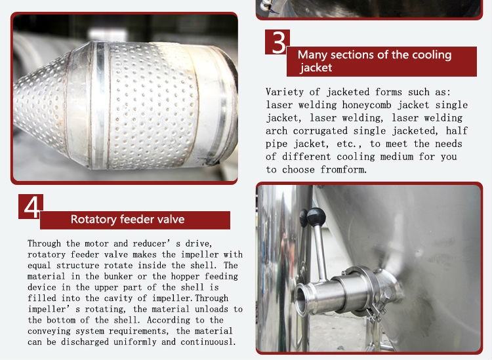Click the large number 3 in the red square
(278, 43)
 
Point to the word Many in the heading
(313, 55)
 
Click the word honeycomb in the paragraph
(367, 105)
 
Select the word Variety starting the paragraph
(285, 92)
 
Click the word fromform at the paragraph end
(343, 170)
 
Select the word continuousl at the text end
(208, 342)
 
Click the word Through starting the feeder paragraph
(44, 244)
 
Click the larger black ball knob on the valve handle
(316, 216)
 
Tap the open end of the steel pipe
(302, 299)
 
